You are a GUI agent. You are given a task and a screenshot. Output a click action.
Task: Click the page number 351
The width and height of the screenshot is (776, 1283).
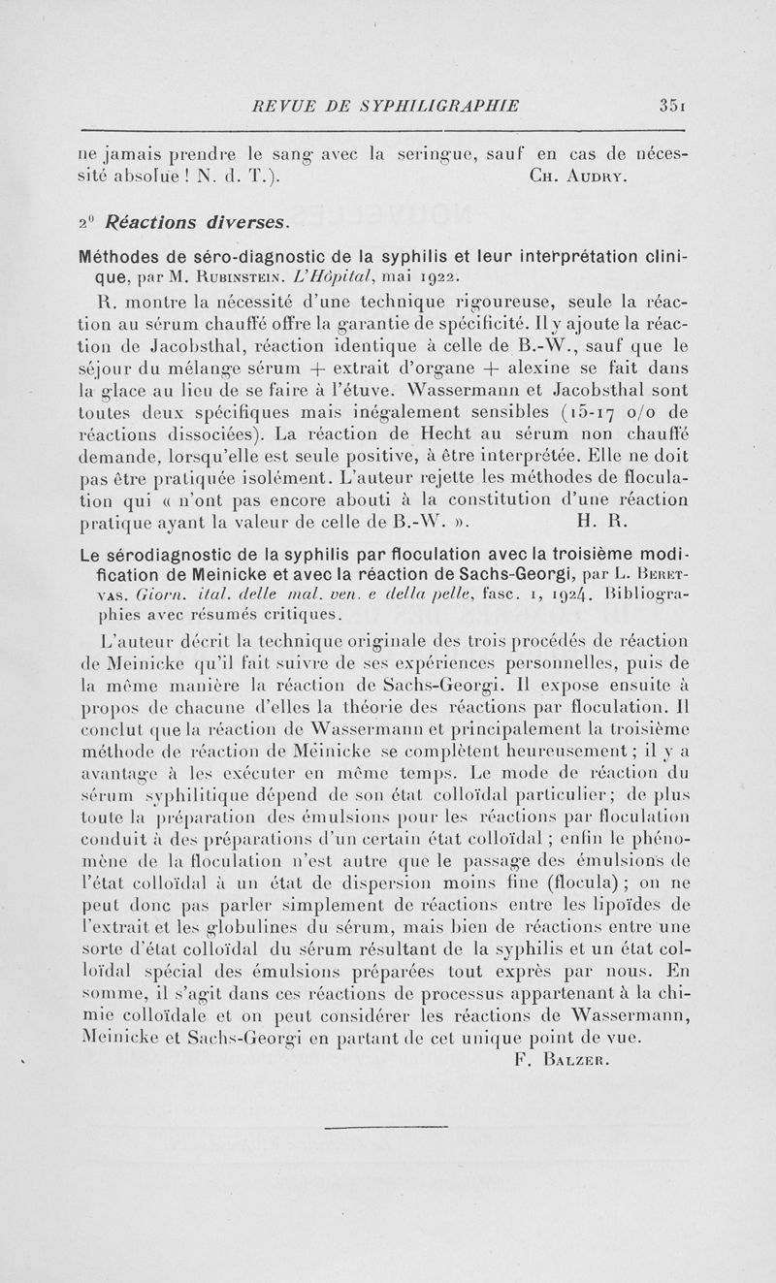click(669, 106)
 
